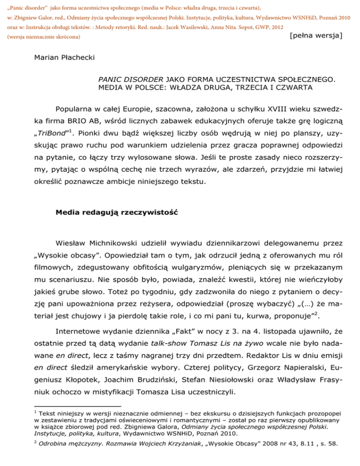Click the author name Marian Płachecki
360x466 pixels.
[64, 59]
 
